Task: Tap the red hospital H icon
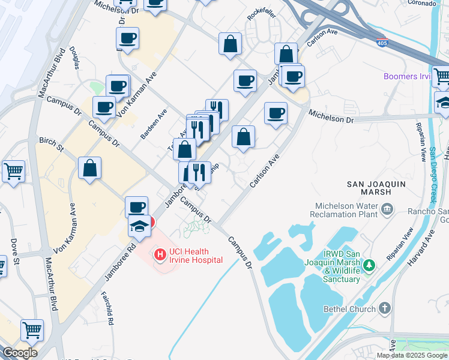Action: pos(160,255)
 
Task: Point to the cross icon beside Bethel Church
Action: pos(385,308)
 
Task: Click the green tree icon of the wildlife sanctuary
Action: pos(370,264)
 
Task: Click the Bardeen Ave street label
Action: pos(153,125)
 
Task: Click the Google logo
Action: pos(19,353)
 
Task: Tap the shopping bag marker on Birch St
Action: pos(89,168)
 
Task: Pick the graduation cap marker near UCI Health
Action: pos(140,227)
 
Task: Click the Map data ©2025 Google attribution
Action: pos(412,355)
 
